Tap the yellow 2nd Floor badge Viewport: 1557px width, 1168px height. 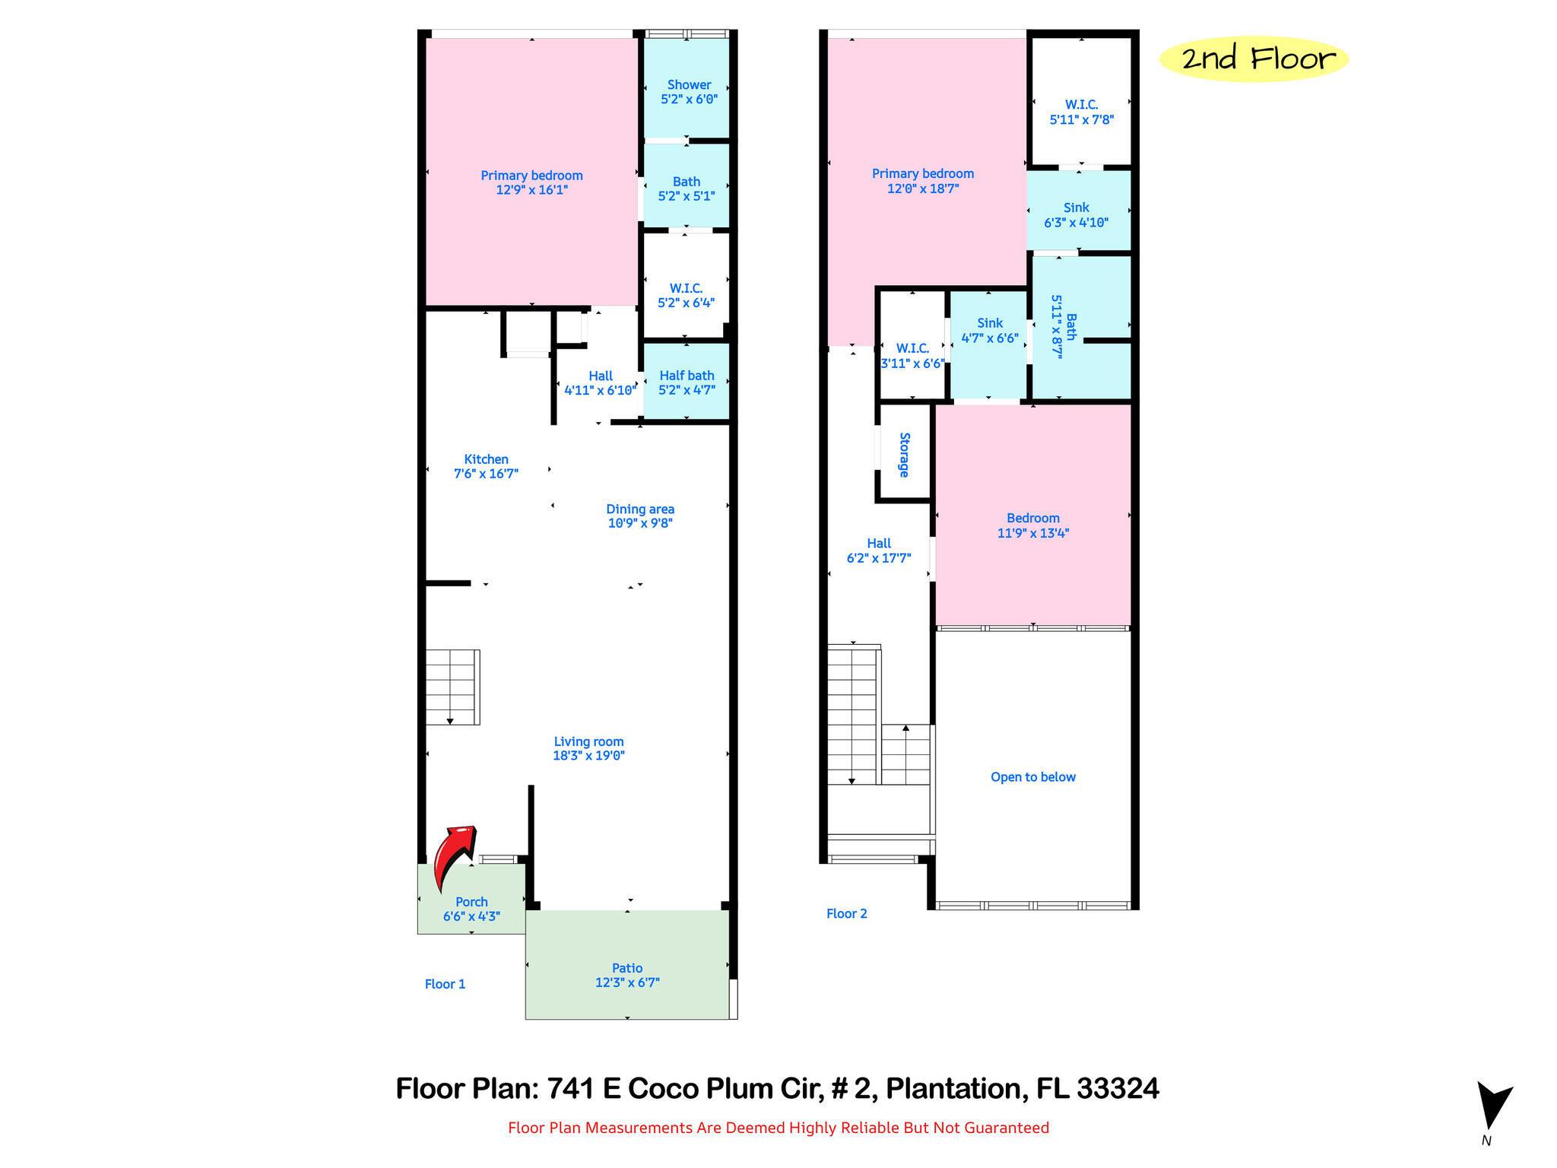(1254, 59)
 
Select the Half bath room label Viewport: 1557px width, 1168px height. (687, 376)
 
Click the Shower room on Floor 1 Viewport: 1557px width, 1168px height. (687, 88)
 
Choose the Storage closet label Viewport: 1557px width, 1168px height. (904, 455)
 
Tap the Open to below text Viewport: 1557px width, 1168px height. (1032, 777)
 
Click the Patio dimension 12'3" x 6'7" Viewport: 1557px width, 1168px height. (627, 982)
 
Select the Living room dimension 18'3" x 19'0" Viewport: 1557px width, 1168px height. (588, 755)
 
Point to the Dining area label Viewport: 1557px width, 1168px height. (640, 509)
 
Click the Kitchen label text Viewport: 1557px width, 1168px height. (486, 459)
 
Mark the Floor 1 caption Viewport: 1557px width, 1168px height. (445, 984)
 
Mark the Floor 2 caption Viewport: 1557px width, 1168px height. (847, 914)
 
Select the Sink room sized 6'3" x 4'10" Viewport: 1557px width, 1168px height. (1077, 208)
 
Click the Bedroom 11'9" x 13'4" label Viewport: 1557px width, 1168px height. (1033, 525)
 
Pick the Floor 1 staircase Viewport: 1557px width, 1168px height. (452, 687)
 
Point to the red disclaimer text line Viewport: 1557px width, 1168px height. (778, 1128)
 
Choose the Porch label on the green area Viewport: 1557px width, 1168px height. (471, 902)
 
